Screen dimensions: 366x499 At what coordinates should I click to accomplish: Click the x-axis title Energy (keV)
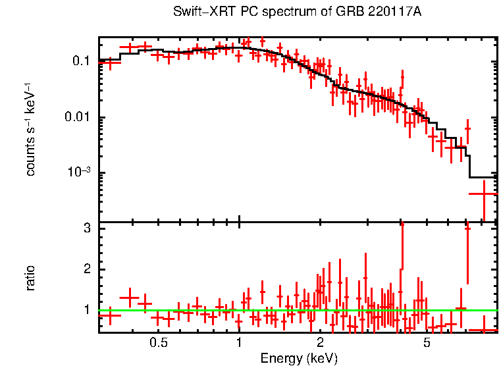(299, 358)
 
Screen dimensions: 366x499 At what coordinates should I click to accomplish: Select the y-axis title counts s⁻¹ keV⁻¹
(30, 129)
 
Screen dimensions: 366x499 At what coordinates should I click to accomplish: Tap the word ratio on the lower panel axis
(30, 278)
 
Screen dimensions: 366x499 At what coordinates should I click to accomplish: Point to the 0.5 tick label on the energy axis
(158, 343)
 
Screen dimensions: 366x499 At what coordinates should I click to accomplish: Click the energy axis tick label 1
(239, 343)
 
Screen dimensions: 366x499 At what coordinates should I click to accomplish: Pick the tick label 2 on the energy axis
(320, 343)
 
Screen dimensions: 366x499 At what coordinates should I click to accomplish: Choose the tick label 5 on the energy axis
(427, 343)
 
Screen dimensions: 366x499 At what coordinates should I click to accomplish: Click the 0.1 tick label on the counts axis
(80, 61)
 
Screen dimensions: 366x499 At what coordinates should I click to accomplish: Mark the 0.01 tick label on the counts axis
(77, 117)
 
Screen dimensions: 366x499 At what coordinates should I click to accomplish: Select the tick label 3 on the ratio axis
(86, 228)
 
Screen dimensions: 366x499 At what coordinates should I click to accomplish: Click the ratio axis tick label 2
(86, 269)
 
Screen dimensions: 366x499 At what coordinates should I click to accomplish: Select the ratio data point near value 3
(467, 228)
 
